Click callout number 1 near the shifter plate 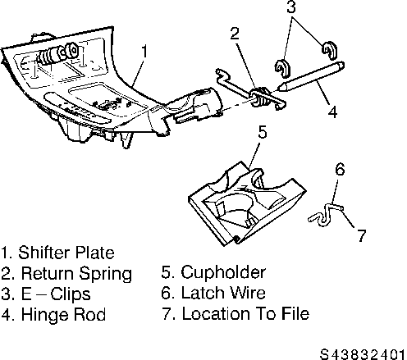click(144, 52)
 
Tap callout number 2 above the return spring click(235, 34)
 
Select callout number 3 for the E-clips click(291, 7)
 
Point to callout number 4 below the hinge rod click(332, 112)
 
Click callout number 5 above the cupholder click(263, 132)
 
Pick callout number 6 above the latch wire click(340, 169)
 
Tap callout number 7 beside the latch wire click(362, 235)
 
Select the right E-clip click(329, 50)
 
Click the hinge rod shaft click(311, 75)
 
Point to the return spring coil click(260, 97)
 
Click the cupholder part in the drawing click(247, 203)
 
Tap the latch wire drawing click(326, 214)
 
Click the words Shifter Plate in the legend click(66, 253)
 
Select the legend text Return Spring click(76, 273)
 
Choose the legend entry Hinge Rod click(63, 314)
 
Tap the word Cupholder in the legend click(223, 272)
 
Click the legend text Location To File click(245, 313)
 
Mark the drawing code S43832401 click(363, 354)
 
